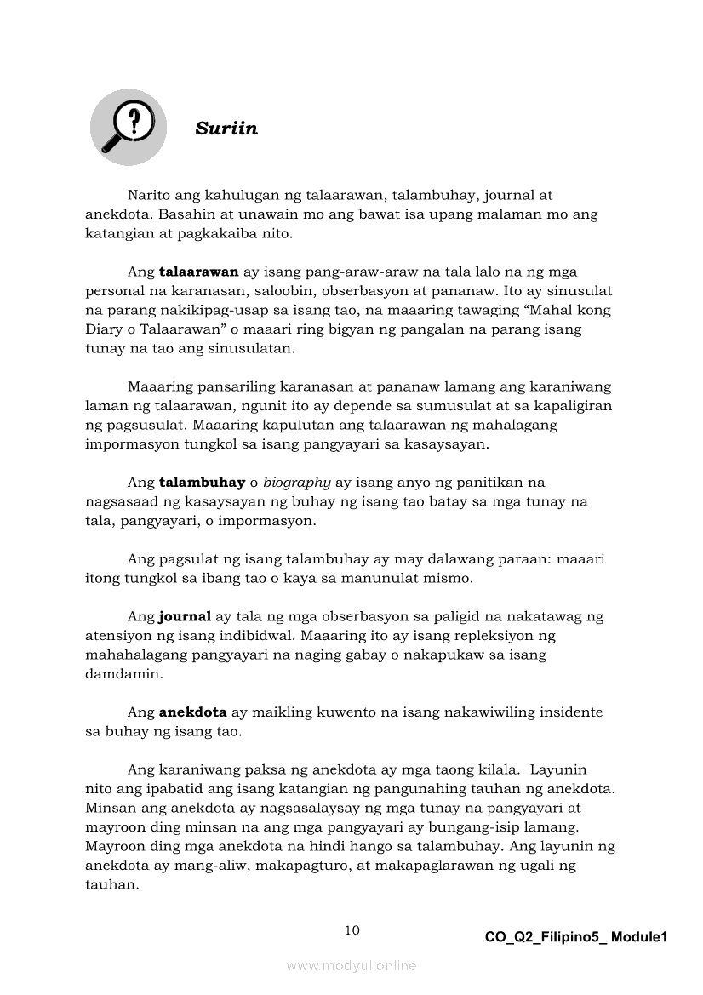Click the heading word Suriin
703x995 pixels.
pyautogui.click(x=226, y=129)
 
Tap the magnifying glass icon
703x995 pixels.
pyautogui.click(x=127, y=128)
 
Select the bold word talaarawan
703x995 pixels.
pyautogui.click(x=198, y=272)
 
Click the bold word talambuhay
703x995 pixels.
pyautogui.click(x=202, y=482)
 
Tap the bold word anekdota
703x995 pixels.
pyautogui.click(x=192, y=712)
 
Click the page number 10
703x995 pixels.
pyautogui.click(x=351, y=930)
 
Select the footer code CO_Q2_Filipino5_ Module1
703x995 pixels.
pyautogui.click(x=576, y=937)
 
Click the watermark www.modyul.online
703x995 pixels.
pyautogui.click(x=351, y=965)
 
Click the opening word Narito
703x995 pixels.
pyautogui.click(x=151, y=196)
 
